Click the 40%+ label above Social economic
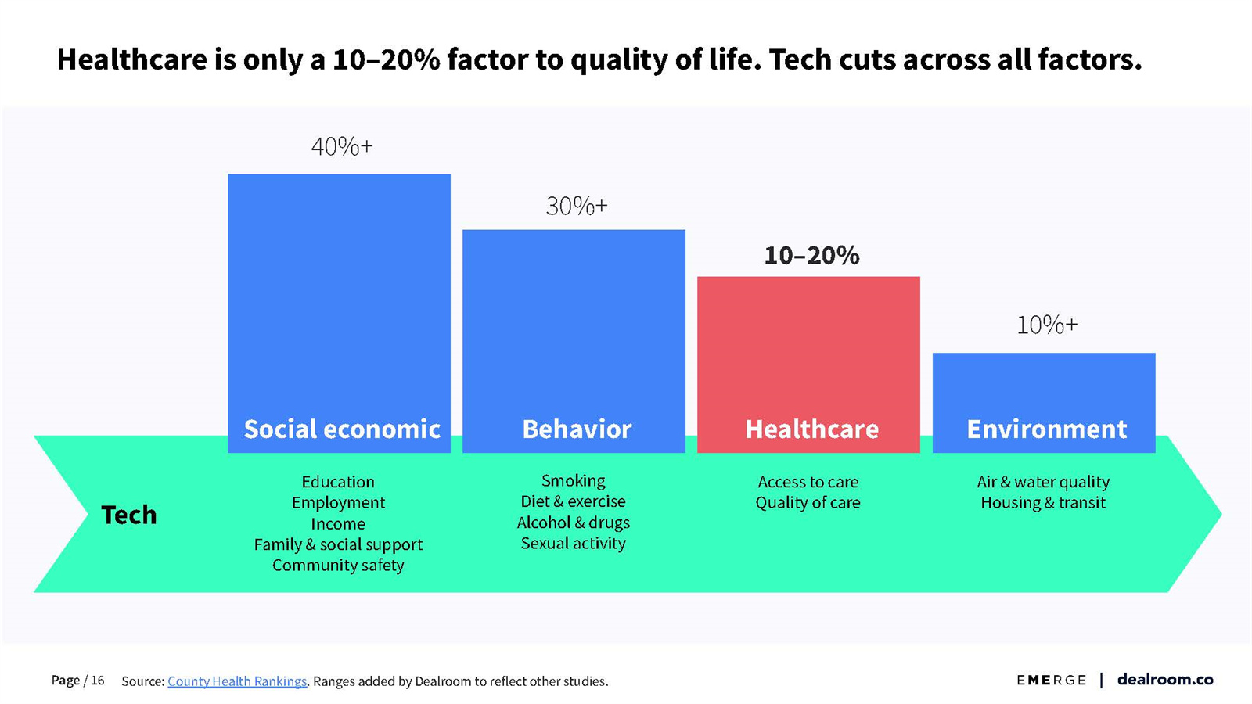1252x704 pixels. pyautogui.click(x=342, y=146)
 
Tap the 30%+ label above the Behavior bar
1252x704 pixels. pyautogui.click(x=577, y=206)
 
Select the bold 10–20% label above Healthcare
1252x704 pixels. pyautogui.click(x=811, y=255)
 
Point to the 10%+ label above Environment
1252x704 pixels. pyautogui.click(x=1047, y=325)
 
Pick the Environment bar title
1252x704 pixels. pyautogui.click(x=1046, y=429)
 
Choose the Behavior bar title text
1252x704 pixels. pyautogui.click(x=577, y=429)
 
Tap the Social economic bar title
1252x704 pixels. pyautogui.click(x=342, y=429)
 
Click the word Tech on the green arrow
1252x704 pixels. pyautogui.click(x=129, y=515)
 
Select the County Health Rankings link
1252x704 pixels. pyautogui.click(x=237, y=681)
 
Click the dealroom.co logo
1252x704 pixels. pyautogui.click(x=1164, y=679)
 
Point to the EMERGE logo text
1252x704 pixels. pyautogui.click(x=1051, y=680)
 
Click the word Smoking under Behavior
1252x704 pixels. pyautogui.click(x=574, y=480)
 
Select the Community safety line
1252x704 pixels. pyautogui.click(x=338, y=565)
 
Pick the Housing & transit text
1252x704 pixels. pyautogui.click(x=1043, y=502)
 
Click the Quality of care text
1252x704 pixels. pyautogui.click(x=808, y=502)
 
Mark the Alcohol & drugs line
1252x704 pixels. pyautogui.click(x=574, y=523)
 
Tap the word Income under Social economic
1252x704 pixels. pyautogui.click(x=338, y=523)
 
